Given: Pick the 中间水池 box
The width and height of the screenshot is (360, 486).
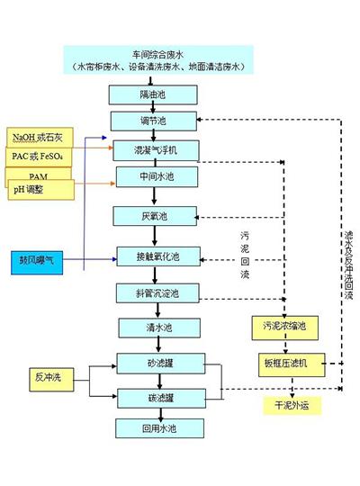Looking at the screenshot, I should (x=149, y=175).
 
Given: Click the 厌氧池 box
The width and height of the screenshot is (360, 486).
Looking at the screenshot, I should (x=149, y=216).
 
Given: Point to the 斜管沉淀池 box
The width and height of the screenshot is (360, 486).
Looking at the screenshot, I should (x=150, y=293).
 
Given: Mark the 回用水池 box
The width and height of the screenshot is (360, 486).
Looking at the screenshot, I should (x=150, y=426).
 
